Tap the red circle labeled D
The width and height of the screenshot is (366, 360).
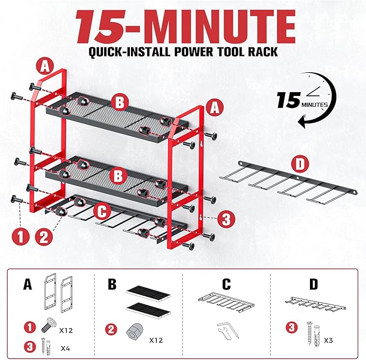coord(300,164)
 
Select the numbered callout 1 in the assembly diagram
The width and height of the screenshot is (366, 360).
coord(20,237)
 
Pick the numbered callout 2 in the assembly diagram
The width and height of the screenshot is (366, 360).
coord(44,237)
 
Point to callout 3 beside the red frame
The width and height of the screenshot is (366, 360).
coord(226,219)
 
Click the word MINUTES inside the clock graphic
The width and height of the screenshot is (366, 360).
coord(314,105)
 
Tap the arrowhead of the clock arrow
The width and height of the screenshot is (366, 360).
coord(302,121)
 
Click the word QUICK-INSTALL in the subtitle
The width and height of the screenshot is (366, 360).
coord(129,52)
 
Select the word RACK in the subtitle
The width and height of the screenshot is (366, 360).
coord(263,52)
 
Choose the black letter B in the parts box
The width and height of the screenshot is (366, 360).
coord(112,283)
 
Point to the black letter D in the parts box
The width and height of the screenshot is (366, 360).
coord(314,283)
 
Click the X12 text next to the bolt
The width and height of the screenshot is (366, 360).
coord(66,330)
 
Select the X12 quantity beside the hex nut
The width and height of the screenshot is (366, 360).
coord(156,340)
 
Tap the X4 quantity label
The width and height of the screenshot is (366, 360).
coord(65,348)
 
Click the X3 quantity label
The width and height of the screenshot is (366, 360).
coord(328,341)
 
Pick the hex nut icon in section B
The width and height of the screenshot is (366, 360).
coord(135,331)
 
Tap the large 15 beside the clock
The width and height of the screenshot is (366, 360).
coord(288,100)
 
